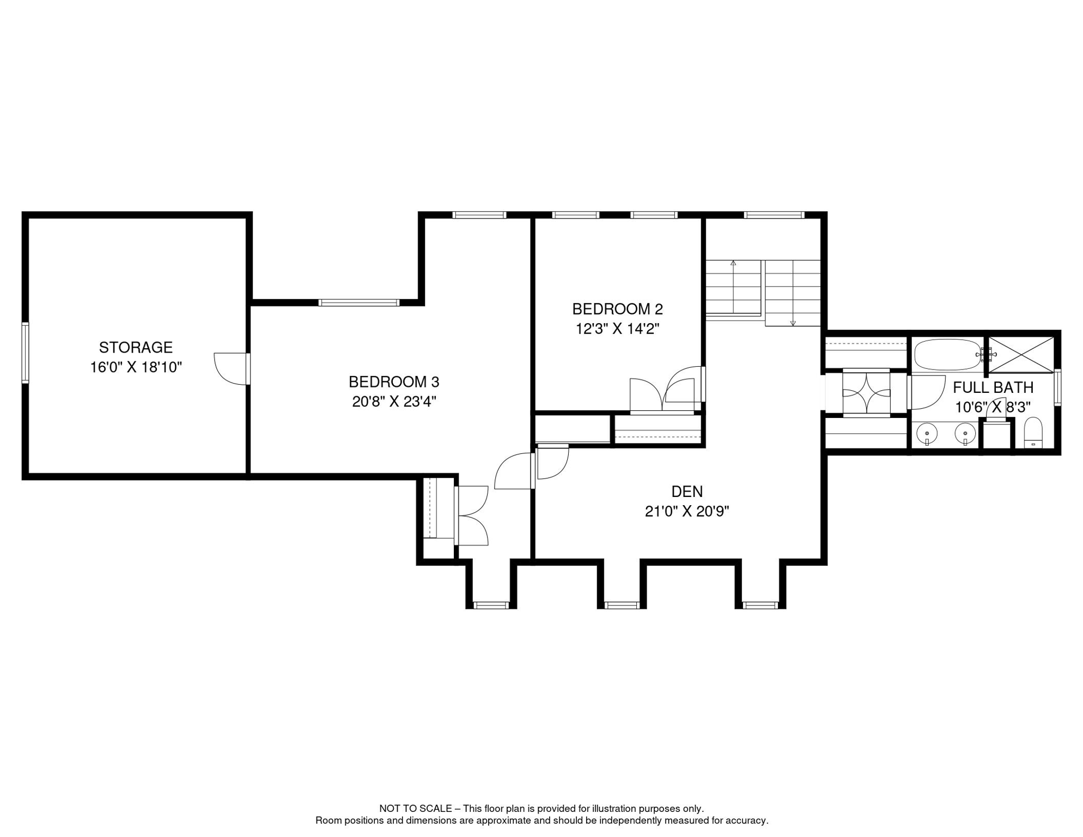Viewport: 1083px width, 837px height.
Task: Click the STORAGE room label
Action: tap(136, 347)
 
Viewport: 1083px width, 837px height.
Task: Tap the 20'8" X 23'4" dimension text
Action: tap(394, 402)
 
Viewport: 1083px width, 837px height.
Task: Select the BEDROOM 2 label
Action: tap(617, 309)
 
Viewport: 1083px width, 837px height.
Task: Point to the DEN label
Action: tap(686, 492)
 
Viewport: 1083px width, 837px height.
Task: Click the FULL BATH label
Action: tap(993, 387)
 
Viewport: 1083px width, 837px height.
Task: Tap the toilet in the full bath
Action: tap(1033, 433)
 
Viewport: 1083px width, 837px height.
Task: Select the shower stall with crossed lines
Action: tap(1021, 355)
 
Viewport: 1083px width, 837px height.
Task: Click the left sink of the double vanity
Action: tap(927, 434)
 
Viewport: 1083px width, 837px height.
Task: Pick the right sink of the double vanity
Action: tap(965, 434)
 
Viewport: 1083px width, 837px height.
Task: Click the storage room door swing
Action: tap(230, 368)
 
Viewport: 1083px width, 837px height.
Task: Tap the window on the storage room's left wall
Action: tap(25, 353)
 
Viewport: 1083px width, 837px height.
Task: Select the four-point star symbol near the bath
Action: tap(866, 392)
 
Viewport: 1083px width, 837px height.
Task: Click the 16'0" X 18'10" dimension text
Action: tap(136, 367)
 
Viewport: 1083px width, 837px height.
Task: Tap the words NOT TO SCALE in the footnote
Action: tap(415, 809)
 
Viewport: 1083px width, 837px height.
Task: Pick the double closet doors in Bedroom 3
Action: tap(472, 515)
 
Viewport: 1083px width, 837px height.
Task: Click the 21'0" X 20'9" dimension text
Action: tap(686, 511)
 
